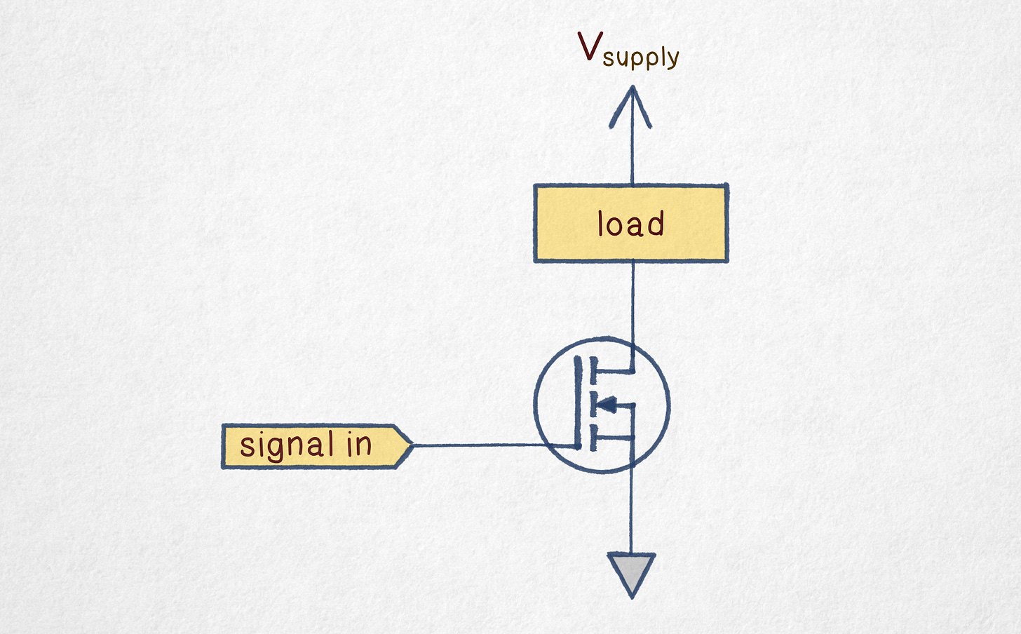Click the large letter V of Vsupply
click(x=590, y=47)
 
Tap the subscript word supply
click(x=640, y=58)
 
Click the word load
click(x=630, y=224)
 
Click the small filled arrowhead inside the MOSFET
click(x=608, y=405)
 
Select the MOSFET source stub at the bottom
click(x=614, y=438)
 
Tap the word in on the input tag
click(x=358, y=445)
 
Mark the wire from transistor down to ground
click(x=631, y=512)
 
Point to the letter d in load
click(x=654, y=224)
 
